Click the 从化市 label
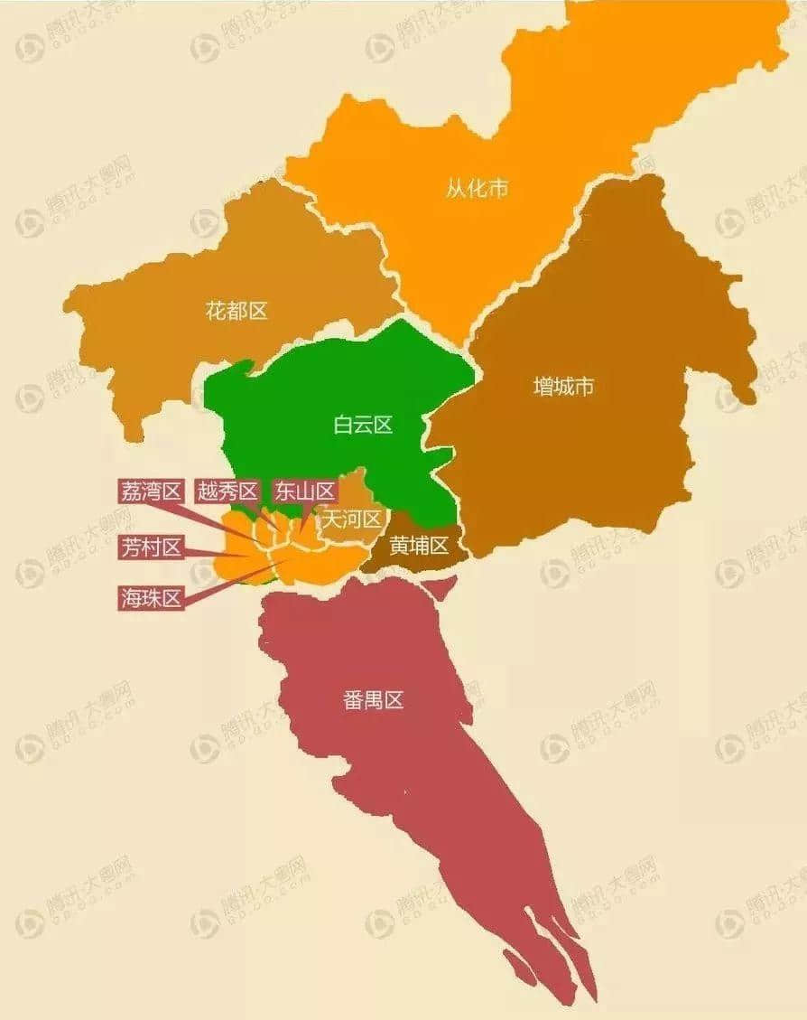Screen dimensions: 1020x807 (x=477, y=189)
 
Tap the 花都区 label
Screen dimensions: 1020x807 (x=237, y=312)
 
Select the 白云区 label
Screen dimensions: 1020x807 (x=363, y=425)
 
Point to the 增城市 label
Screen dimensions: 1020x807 (x=563, y=387)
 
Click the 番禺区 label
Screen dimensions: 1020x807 (x=373, y=699)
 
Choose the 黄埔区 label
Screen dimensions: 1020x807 (x=419, y=546)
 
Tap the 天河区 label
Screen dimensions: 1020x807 (x=352, y=519)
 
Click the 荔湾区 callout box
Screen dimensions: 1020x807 (x=151, y=491)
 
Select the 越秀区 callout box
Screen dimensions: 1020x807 (x=227, y=491)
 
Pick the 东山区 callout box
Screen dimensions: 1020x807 (x=303, y=491)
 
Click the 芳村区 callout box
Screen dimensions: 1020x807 (x=151, y=547)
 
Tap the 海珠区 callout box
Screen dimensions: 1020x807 (x=151, y=597)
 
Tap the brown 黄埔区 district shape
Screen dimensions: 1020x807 (x=397, y=560)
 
